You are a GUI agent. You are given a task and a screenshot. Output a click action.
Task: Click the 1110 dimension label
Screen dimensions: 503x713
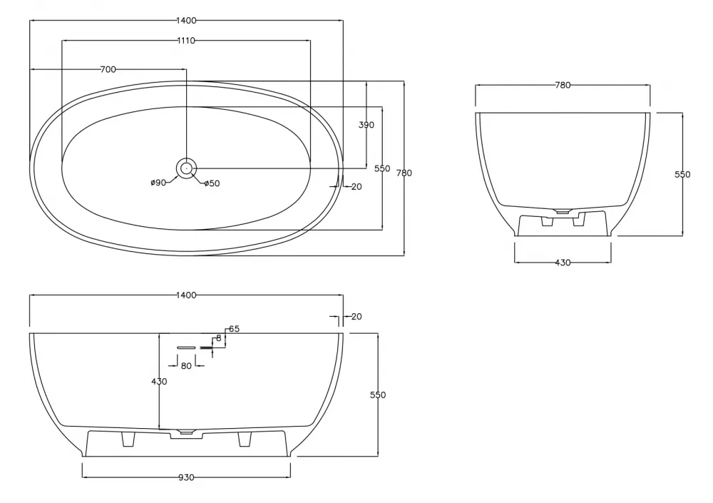coord(186,41)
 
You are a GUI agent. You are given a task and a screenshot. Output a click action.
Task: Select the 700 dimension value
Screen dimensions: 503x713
coord(108,69)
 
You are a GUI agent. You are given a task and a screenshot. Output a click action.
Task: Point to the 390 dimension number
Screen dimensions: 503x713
coord(366,125)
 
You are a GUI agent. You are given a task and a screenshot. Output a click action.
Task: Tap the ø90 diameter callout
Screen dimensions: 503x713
coord(158,183)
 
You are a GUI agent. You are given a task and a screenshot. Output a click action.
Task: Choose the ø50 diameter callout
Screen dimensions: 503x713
coord(212,183)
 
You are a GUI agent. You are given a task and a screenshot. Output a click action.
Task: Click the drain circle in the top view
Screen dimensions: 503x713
coord(186,168)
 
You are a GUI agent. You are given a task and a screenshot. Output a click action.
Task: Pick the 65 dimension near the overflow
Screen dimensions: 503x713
coord(234,329)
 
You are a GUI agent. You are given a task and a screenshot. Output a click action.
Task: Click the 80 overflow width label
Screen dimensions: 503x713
coord(186,366)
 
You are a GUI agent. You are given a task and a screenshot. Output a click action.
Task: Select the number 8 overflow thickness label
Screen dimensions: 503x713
coord(218,338)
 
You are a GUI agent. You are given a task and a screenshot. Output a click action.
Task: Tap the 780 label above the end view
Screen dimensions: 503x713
coord(563,85)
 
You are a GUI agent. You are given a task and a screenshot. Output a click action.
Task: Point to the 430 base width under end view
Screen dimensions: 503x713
coord(563,263)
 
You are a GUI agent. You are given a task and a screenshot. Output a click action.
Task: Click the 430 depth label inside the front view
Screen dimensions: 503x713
coord(159,382)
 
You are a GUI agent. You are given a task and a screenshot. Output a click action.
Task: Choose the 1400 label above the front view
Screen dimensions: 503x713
coord(186,295)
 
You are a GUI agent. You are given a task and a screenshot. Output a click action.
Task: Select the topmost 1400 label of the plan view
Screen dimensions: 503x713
coord(186,21)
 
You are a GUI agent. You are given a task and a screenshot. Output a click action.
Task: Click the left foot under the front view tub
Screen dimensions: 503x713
coord(128,440)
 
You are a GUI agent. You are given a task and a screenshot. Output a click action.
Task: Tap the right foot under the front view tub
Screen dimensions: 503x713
coord(244,440)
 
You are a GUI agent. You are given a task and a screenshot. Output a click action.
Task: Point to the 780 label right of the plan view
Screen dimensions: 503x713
coord(404,173)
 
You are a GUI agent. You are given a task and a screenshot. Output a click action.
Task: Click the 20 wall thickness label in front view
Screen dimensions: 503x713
coord(356,316)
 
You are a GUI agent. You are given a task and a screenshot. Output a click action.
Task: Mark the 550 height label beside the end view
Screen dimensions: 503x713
coord(683,175)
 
